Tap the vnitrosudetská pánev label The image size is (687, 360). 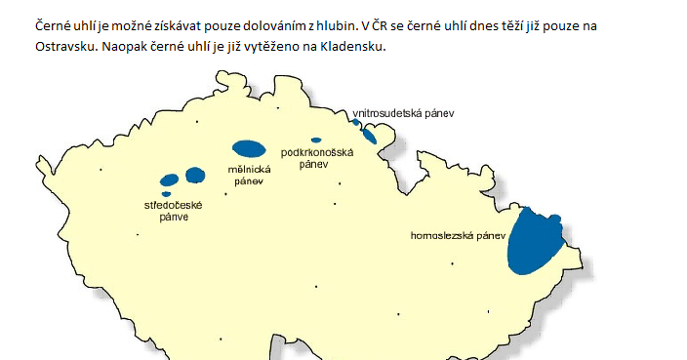coord(403,113)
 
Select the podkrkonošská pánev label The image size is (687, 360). coord(315,158)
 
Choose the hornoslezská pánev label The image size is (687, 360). coord(458,235)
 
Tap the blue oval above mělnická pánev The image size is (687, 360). coord(248,149)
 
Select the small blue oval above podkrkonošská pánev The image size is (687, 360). coord(315,140)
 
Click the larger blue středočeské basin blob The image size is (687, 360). coord(195,176)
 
